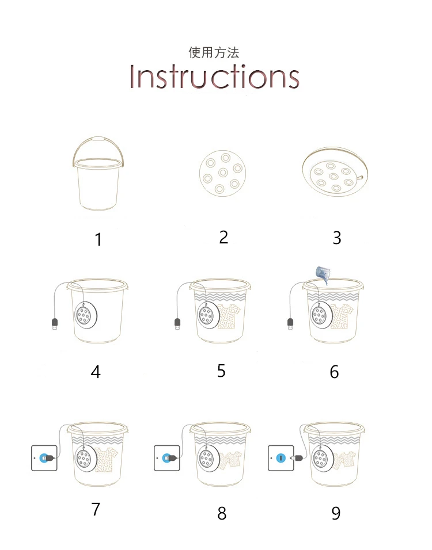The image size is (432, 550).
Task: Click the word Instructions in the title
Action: (214, 76)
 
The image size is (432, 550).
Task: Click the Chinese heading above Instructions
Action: (214, 52)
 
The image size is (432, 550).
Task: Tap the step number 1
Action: (98, 239)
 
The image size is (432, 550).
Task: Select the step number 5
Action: (221, 371)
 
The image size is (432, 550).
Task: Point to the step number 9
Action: (336, 514)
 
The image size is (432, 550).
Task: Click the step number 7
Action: (96, 509)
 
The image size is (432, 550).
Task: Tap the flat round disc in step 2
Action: (223, 173)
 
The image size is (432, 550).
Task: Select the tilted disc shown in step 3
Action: (335, 171)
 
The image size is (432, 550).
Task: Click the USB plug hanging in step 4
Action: (55, 324)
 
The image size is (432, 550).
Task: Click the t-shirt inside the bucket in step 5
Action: (229, 316)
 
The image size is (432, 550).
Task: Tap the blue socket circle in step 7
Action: (44, 458)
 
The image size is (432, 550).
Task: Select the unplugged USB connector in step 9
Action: (298, 458)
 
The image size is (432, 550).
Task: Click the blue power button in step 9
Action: (281, 458)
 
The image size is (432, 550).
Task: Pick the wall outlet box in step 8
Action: (167, 458)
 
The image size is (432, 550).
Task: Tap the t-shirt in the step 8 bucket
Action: (230, 460)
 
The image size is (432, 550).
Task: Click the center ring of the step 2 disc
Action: (223, 173)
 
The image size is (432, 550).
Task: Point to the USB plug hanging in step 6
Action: (290, 324)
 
